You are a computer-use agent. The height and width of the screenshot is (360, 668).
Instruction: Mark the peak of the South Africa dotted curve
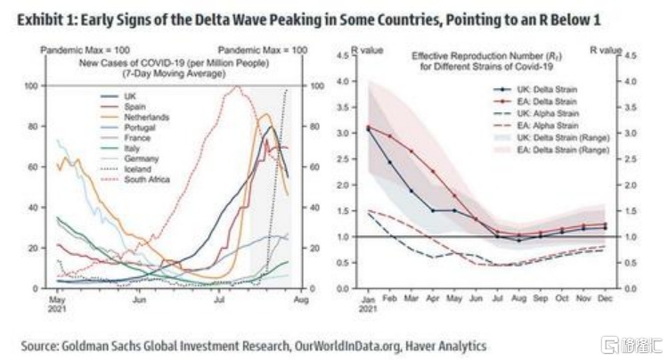point(235,86)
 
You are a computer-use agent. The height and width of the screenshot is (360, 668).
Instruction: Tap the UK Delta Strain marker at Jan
point(367,129)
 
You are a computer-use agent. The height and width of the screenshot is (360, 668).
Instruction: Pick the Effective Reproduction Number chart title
point(485,61)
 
